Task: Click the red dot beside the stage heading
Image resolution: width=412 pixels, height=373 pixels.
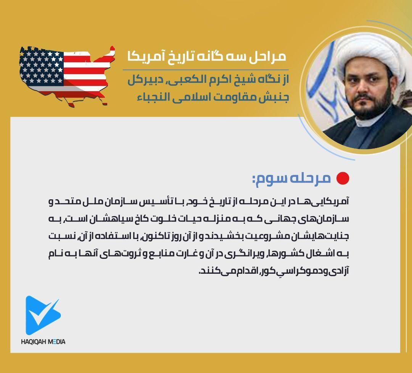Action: [x=343, y=178]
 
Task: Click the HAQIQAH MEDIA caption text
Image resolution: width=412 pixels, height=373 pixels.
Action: [x=43, y=341]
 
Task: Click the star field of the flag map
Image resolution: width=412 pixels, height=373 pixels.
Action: [x=42, y=67]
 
